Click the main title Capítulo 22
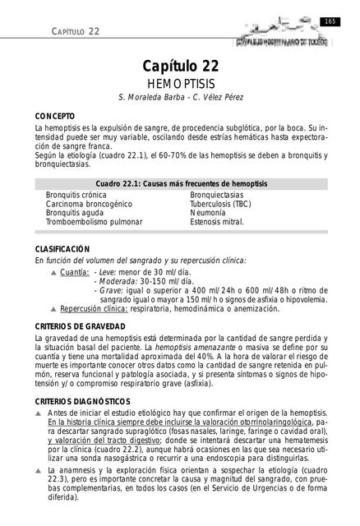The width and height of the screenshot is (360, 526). (180, 67)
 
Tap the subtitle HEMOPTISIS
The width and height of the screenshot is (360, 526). (180, 85)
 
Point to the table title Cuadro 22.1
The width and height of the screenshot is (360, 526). (180, 182)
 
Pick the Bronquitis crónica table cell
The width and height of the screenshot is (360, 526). (76, 194)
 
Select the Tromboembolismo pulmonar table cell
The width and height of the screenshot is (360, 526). (94, 222)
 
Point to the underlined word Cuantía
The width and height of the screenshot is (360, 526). (75, 271)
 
